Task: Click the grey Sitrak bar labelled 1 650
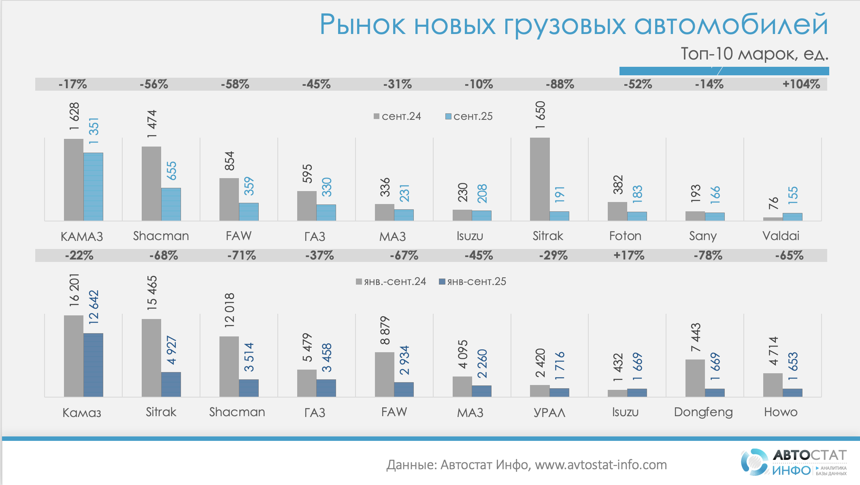[540, 179]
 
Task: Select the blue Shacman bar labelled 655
[171, 204]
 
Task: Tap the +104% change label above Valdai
[801, 84]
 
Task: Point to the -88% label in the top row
[560, 84]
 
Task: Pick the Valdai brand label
[781, 236]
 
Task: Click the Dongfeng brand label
[703, 412]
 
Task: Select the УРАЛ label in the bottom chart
[549, 413]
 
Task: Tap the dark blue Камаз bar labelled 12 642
[93, 364]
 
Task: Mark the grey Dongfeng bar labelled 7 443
[695, 378]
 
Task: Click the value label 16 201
[74, 290]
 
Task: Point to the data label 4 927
[171, 350]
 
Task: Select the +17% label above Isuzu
[628, 255]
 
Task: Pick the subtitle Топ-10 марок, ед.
[754, 54]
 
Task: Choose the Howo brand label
[781, 412]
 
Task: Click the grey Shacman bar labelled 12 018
[229, 366]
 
